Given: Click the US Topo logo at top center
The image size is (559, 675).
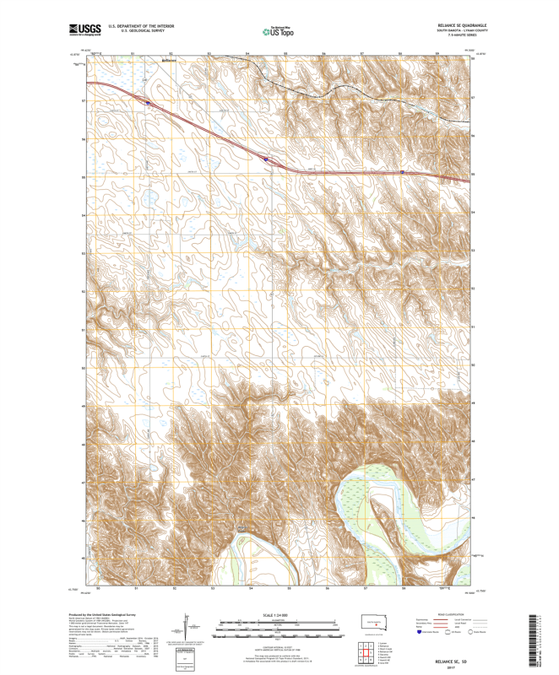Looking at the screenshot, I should (x=279, y=31).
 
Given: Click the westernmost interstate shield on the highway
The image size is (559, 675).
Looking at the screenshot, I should (x=148, y=103).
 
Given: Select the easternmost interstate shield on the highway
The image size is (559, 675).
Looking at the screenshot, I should (x=403, y=172).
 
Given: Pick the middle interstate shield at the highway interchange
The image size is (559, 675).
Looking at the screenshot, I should (x=265, y=158).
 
